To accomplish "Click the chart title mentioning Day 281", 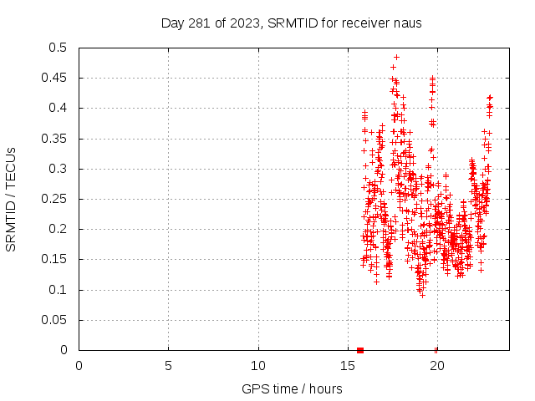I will click(x=291, y=23).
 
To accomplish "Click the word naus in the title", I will click(x=407, y=23).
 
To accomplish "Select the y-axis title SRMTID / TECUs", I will click(x=12, y=199).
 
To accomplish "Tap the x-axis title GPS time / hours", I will click(x=292, y=388).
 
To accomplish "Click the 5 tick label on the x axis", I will click(x=168, y=366).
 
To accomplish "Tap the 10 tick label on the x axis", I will click(x=258, y=366).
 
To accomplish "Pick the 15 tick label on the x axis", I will click(x=348, y=366).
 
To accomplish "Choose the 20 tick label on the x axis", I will click(x=437, y=366).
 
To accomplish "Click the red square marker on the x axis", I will click(x=360, y=350).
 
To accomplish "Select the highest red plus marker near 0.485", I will click(x=396, y=57).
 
